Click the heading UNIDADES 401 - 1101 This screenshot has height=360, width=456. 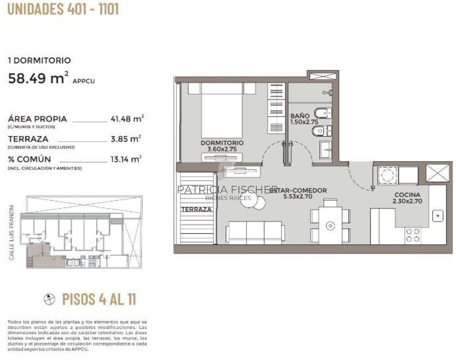(x=63, y=9)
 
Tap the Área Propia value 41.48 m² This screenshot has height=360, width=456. (x=127, y=119)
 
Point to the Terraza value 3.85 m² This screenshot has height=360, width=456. (x=125, y=139)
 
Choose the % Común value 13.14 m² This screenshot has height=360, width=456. (x=125, y=159)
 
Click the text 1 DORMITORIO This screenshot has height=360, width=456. (x=40, y=60)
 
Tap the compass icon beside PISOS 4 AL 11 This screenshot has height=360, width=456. (x=50, y=299)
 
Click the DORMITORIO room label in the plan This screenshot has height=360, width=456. (x=222, y=143)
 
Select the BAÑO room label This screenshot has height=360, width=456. (x=300, y=116)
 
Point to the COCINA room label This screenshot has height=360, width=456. (x=407, y=195)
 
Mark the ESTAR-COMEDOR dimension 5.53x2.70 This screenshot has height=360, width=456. (x=297, y=196)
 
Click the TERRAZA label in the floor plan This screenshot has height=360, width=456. (x=196, y=209)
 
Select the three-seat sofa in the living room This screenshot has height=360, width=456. (x=255, y=232)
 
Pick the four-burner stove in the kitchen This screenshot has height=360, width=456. (x=412, y=235)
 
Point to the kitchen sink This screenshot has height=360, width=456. (x=438, y=216)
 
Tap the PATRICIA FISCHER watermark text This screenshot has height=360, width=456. (x=228, y=190)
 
